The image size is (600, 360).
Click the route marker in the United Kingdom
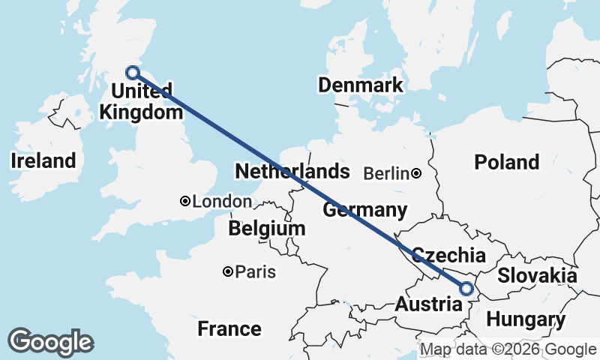pyautogui.click(x=133, y=73)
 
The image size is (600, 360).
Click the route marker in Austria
pyautogui.click(x=466, y=288)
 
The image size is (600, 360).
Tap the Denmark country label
pyautogui.click(x=360, y=85)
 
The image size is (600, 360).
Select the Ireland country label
pyautogui.click(x=43, y=160)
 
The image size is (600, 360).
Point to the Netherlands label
pyautogui.click(x=292, y=171)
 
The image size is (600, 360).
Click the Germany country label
pyautogui.click(x=364, y=209)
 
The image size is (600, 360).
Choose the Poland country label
pyautogui.click(x=506, y=162)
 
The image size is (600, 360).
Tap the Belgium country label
pyautogui.click(x=267, y=228)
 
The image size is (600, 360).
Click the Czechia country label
pyautogui.click(x=449, y=255)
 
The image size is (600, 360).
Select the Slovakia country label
pyautogui.click(x=537, y=275)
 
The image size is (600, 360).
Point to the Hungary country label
pyautogui.click(x=525, y=320)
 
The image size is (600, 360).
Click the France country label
pyautogui.click(x=229, y=328)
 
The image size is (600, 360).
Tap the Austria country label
pyautogui.click(x=428, y=305)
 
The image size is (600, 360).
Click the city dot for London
pyautogui.click(x=184, y=201)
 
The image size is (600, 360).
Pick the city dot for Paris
pyautogui.click(x=227, y=271)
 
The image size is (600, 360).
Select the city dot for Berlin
pyautogui.click(x=416, y=174)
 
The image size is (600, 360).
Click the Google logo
pyautogui.click(x=50, y=342)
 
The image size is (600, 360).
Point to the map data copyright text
pyautogui.click(x=508, y=349)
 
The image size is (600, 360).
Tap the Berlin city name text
pyautogui.click(x=386, y=174)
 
